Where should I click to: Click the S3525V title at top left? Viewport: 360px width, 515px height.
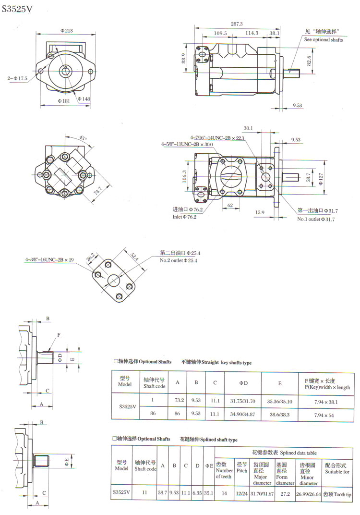pos(17,9)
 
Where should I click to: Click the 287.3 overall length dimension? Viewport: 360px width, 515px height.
pos(237,24)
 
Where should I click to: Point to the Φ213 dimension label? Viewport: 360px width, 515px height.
pos(66,31)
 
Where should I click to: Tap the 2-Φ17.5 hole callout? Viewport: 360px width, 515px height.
pos(17,78)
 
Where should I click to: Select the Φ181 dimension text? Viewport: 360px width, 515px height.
pos(64,101)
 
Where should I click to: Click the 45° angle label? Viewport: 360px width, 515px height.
pos(83,138)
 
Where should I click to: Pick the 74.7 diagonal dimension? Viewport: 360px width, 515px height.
pos(98,191)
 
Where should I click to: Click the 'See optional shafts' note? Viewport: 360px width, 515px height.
pos(323,40)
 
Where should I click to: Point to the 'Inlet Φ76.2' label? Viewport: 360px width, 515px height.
pos(184,217)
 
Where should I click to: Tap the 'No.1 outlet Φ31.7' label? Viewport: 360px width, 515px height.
pos(316,219)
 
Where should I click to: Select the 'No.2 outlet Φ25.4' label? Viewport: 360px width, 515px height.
pos(179,260)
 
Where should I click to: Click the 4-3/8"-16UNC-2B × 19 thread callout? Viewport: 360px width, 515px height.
pos(49,260)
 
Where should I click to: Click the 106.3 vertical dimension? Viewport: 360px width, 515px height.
pos(184,176)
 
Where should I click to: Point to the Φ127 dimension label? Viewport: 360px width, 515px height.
pos(321,179)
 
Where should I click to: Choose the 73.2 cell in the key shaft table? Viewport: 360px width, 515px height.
pos(179,400)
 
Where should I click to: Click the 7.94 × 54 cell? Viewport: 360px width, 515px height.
pos(324,415)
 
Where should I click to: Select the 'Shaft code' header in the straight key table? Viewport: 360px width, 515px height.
pos(154,386)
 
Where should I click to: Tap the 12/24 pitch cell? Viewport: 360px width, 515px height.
pos(241,494)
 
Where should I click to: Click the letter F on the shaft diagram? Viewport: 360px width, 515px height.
pos(59,335)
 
